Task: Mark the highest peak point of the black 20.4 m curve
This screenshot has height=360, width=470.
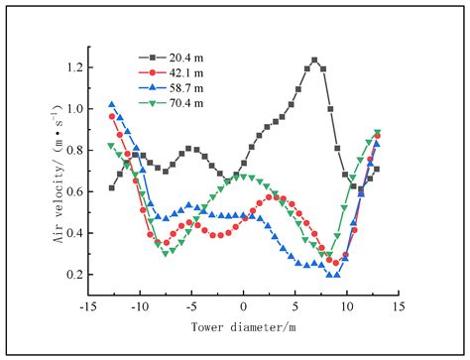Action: coord(315,60)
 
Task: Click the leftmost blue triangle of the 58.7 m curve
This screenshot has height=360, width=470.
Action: coord(112,104)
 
